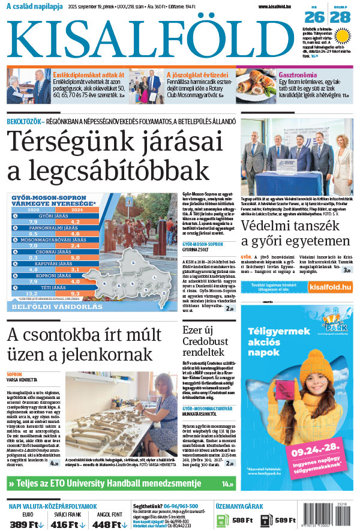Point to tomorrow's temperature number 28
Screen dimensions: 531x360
[340, 17]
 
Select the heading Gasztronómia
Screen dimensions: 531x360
[298, 75]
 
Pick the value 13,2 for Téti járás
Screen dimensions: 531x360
[32, 293]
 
